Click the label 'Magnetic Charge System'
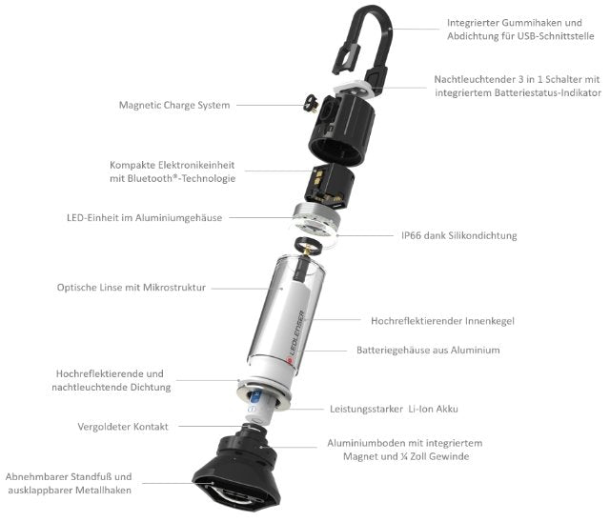coord(173,105)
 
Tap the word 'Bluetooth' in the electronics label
coord(183,178)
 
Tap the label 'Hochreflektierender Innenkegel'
coord(442,321)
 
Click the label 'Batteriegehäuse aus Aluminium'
coord(428,351)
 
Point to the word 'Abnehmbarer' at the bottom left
coord(37,476)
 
